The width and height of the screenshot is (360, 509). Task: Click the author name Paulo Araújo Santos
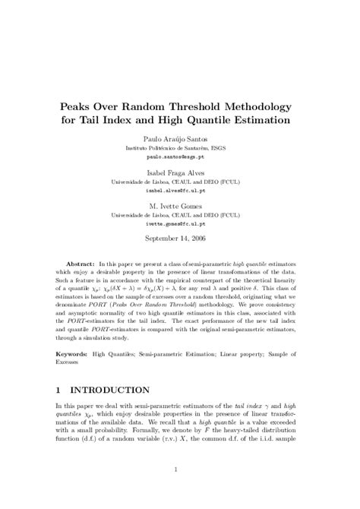click(180, 140)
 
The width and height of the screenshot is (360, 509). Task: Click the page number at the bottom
click(180, 469)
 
